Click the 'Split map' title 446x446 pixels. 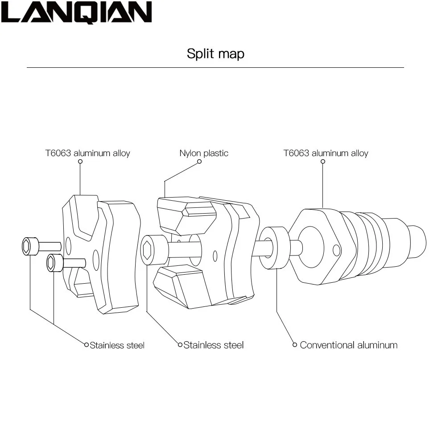(x=215, y=54)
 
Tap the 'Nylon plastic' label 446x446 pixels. (x=203, y=153)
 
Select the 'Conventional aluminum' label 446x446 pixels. (x=348, y=345)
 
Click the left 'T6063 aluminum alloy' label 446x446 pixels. (x=87, y=153)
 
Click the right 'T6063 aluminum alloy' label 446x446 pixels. (x=326, y=153)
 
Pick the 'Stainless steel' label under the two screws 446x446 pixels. (x=117, y=345)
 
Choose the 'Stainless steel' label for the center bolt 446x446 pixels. (x=213, y=345)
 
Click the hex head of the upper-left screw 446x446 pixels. (x=28, y=246)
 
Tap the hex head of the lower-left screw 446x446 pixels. (x=52, y=263)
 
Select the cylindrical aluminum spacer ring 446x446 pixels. (x=273, y=248)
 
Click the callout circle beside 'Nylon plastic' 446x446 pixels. (x=199, y=161)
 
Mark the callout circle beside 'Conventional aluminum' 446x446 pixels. (x=295, y=344)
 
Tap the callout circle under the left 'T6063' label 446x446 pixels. (x=80, y=161)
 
